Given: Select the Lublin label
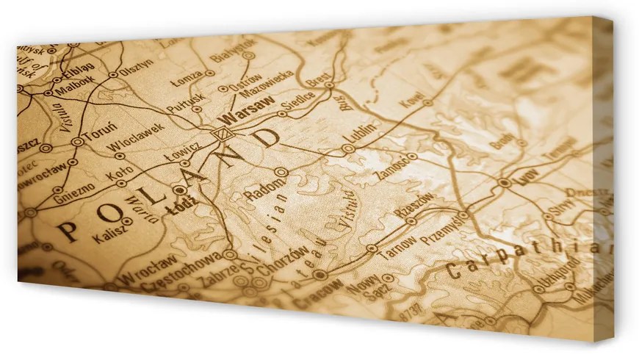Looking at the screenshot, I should (x=363, y=132).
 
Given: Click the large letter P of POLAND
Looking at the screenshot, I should (x=68, y=232).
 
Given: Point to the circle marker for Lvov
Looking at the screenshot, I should (x=504, y=182).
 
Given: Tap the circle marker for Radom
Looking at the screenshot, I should (x=281, y=171).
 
